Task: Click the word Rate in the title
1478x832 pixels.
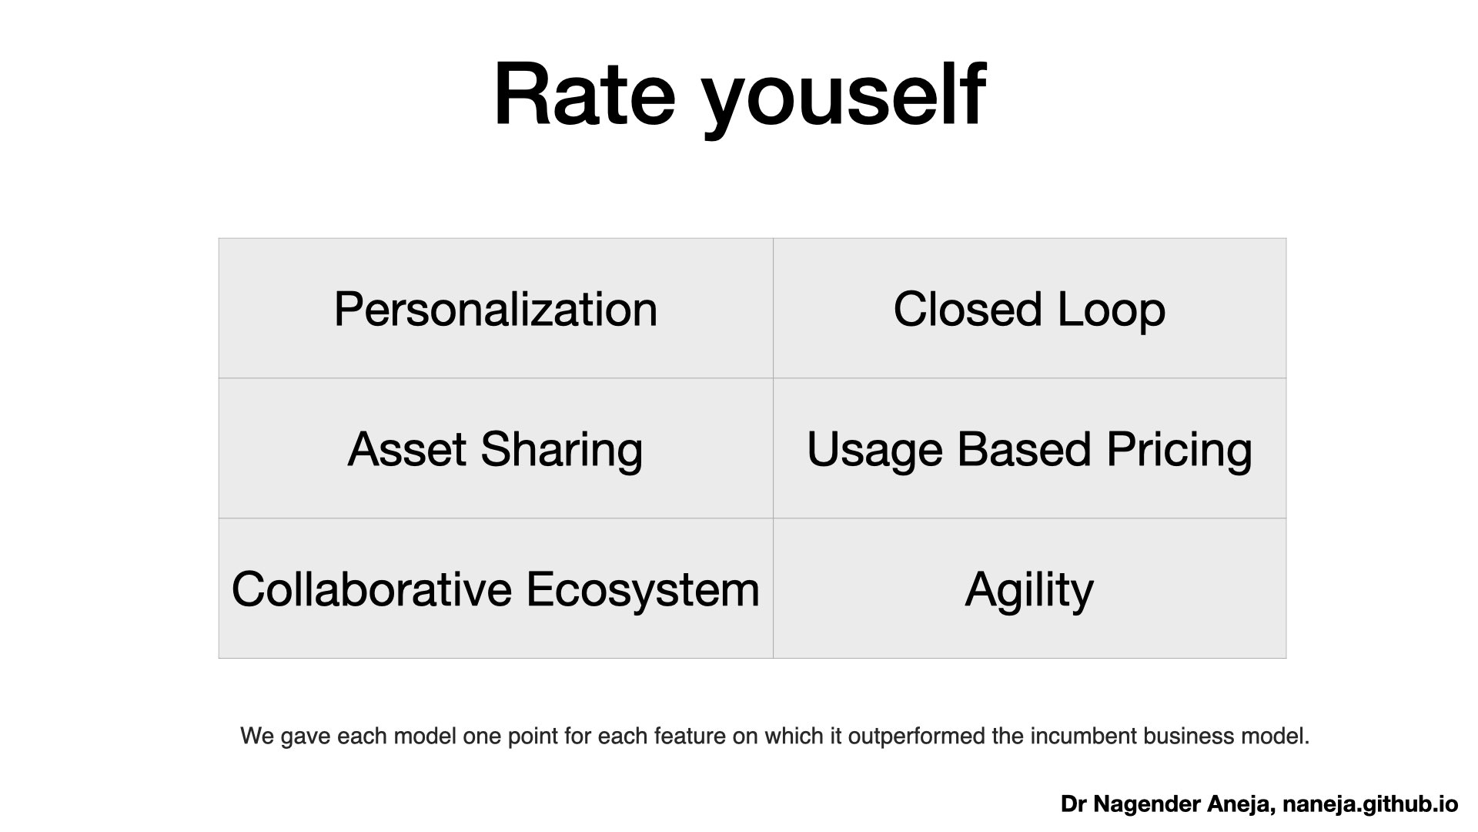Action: click(x=584, y=94)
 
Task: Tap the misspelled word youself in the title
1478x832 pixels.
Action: click(x=844, y=100)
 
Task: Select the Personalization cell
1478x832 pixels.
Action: click(x=496, y=309)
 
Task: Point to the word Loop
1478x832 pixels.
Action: click(x=1112, y=311)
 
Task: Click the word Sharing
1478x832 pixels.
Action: click(x=562, y=451)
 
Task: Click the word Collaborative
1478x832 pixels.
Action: click(x=372, y=589)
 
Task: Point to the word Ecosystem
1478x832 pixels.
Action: click(x=644, y=591)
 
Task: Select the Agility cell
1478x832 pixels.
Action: click(x=1029, y=589)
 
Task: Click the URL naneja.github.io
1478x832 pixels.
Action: click(x=1371, y=805)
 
